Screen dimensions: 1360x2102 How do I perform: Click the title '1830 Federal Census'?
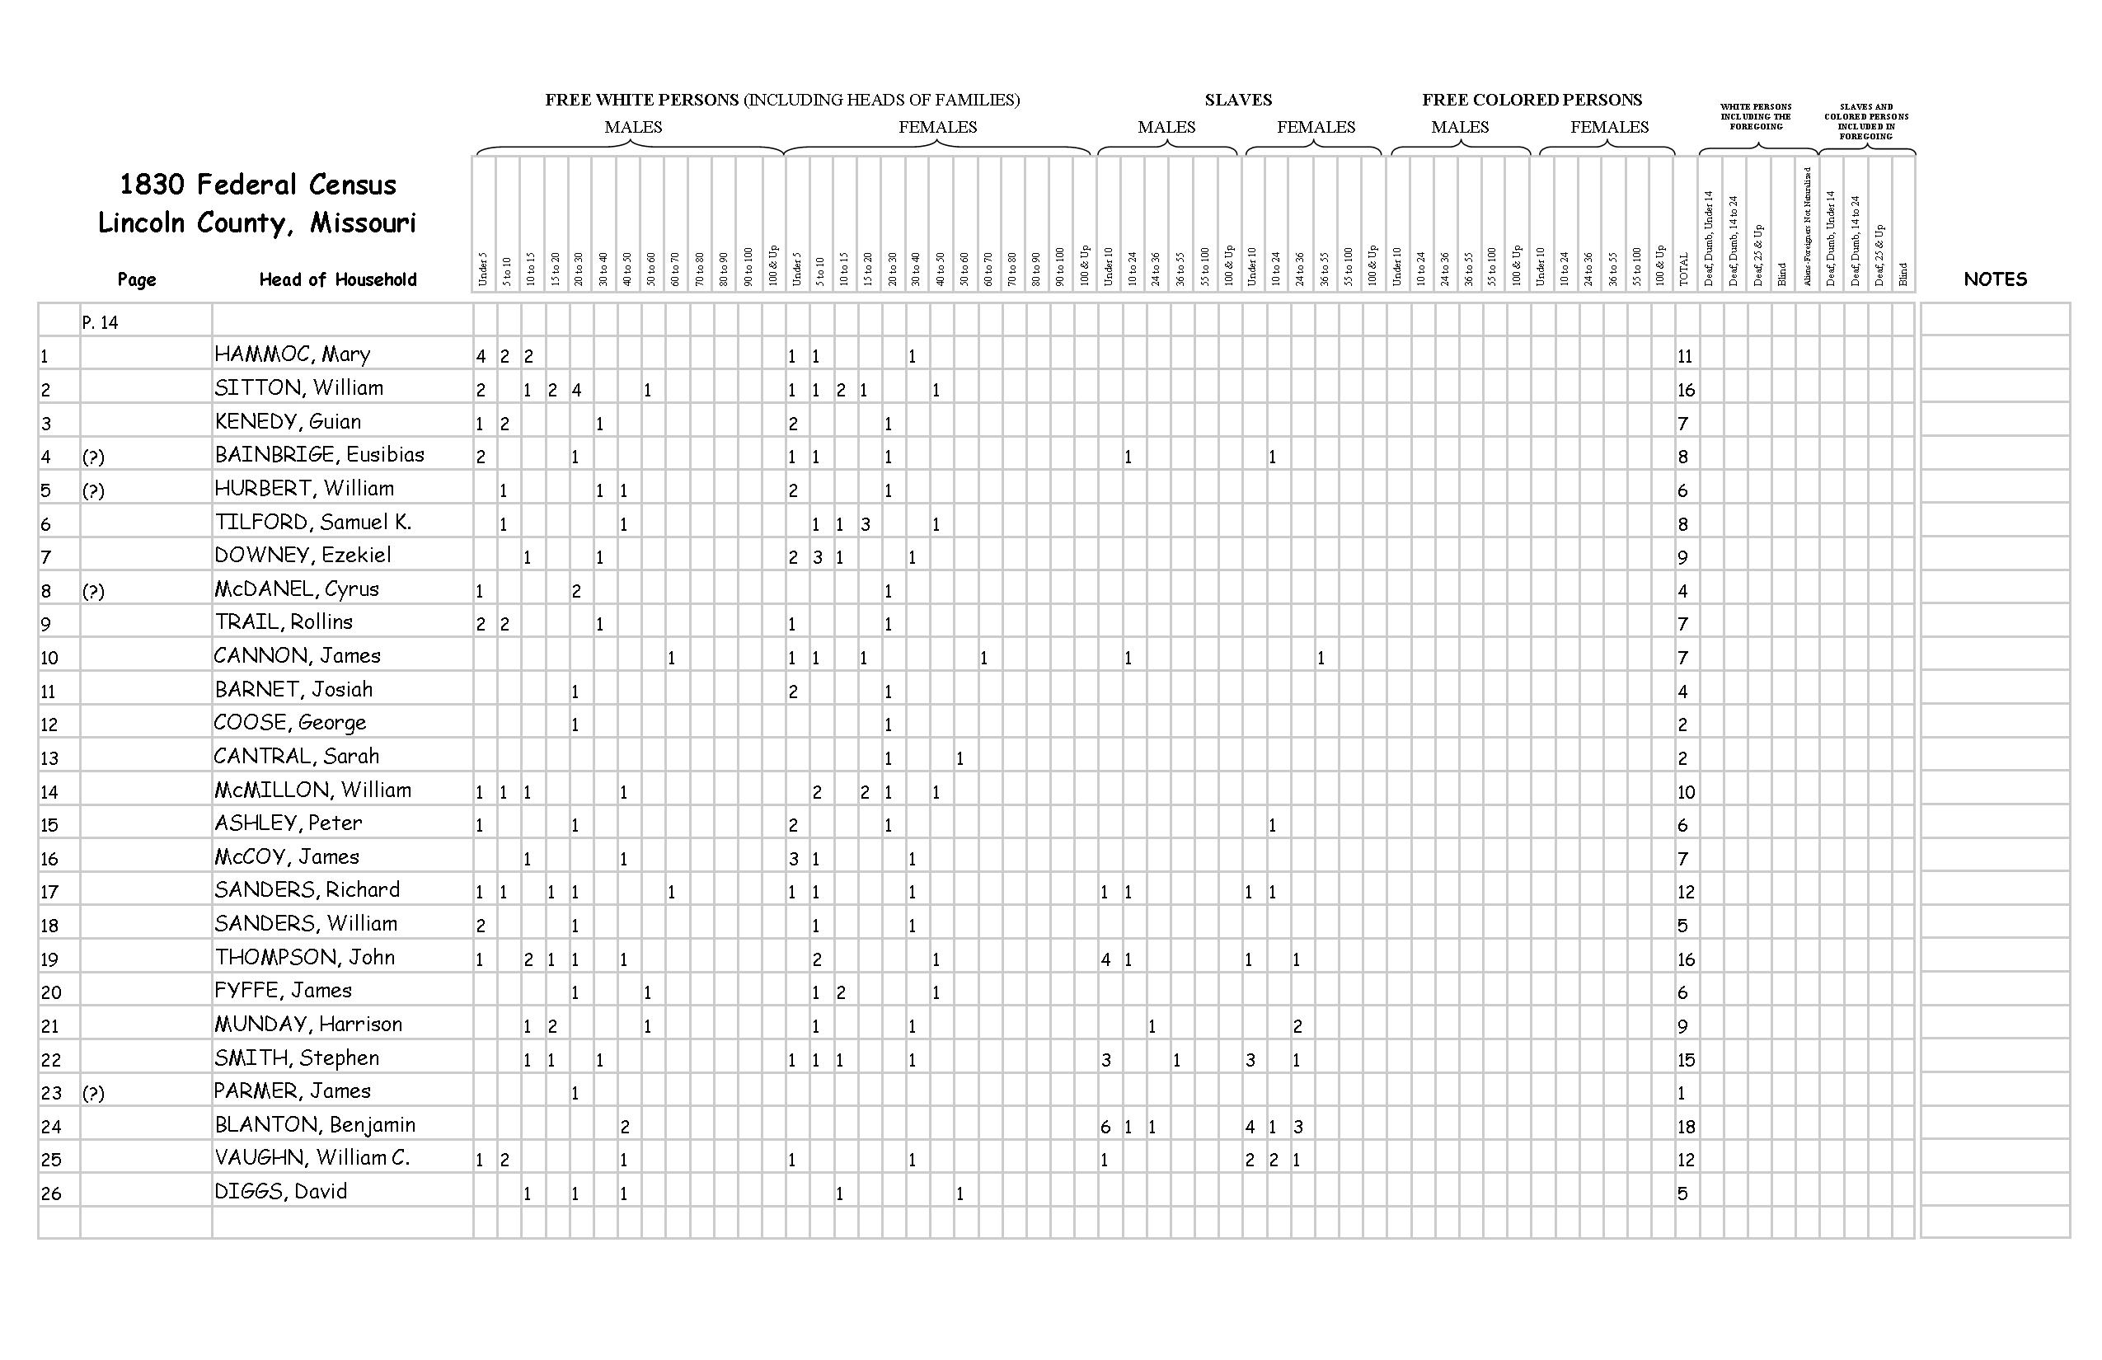(x=257, y=185)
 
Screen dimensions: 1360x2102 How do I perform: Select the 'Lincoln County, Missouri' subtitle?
(x=256, y=223)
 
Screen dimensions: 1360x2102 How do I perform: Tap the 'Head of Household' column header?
(x=337, y=280)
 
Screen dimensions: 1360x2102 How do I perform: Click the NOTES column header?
(x=1994, y=279)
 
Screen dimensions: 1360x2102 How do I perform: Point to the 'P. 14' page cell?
(x=100, y=322)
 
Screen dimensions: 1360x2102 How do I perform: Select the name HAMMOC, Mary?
(x=293, y=355)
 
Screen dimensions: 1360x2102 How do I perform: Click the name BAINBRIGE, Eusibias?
(x=319, y=455)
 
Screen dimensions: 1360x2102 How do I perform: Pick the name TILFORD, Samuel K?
(x=312, y=522)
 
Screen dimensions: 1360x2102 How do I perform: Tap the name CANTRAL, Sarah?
(x=297, y=757)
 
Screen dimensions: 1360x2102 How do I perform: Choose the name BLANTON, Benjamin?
(x=314, y=1125)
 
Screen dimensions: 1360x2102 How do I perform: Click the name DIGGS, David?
(x=281, y=1192)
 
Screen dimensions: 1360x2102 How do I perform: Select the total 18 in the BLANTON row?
(x=1685, y=1127)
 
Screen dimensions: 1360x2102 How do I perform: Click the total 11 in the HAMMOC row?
(x=1684, y=357)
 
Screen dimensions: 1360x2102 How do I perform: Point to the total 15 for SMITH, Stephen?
(x=1685, y=1060)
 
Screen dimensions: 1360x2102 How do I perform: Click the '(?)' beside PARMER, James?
(x=92, y=1093)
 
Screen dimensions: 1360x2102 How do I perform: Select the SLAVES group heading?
(x=1237, y=100)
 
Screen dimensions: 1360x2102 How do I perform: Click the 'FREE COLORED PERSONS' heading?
(x=1532, y=100)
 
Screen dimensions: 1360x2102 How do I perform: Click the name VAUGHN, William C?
(x=312, y=1159)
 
